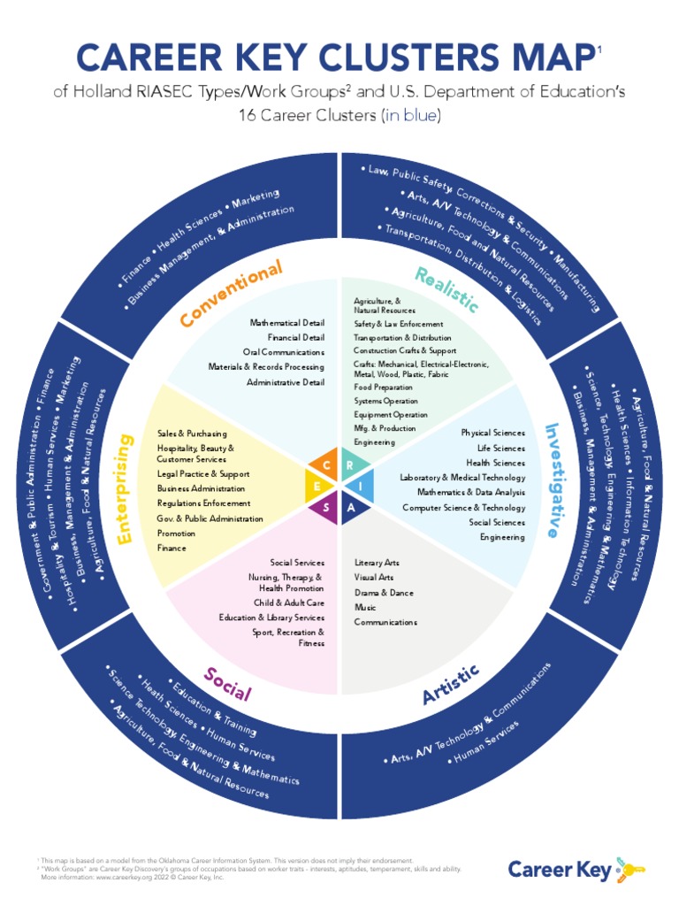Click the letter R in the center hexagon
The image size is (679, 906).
(351, 465)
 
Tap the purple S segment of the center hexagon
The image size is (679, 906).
(327, 506)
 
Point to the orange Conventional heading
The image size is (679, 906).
(232, 293)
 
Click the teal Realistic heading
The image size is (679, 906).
(447, 289)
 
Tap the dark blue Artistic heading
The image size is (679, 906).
(451, 683)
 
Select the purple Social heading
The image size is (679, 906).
(227, 683)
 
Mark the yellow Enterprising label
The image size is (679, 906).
(125, 488)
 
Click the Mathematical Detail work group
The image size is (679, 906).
(286, 323)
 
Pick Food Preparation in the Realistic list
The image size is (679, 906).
(383, 388)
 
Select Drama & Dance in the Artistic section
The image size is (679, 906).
(383, 593)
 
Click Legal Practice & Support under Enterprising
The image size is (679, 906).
(202, 474)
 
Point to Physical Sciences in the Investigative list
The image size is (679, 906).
(492, 433)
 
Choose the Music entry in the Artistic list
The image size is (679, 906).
(365, 608)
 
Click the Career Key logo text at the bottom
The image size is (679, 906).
(559, 870)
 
